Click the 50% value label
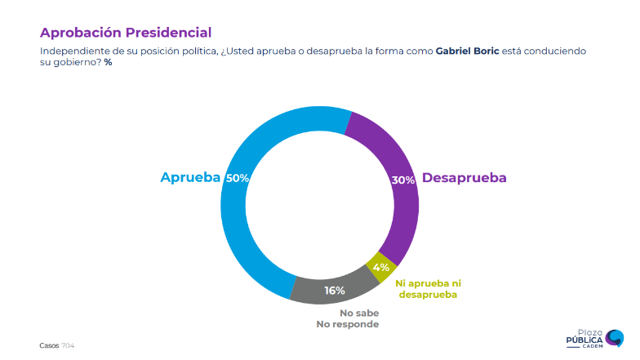click(238, 178)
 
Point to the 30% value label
click(403, 180)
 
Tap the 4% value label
click(380, 266)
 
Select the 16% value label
click(335, 290)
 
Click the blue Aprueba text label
click(190, 178)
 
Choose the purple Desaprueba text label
click(464, 178)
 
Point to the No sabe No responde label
click(348, 318)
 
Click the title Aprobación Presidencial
click(126, 33)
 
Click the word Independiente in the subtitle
click(74, 51)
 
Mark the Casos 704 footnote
click(57, 345)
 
